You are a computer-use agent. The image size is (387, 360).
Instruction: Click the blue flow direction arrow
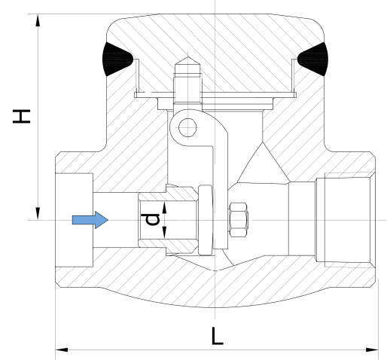(90, 220)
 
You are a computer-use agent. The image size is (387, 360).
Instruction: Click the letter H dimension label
(22, 116)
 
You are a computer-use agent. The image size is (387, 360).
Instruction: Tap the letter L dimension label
(217, 336)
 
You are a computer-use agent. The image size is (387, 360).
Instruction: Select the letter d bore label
(152, 219)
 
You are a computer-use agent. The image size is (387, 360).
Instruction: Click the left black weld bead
(116, 59)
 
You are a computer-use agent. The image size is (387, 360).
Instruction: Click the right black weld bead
(313, 59)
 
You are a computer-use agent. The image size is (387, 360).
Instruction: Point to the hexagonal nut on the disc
(239, 220)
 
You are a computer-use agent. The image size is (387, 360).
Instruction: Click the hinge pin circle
(187, 127)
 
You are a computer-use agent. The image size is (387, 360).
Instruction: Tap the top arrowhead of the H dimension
(38, 20)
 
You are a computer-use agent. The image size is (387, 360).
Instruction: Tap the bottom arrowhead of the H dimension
(38, 214)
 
